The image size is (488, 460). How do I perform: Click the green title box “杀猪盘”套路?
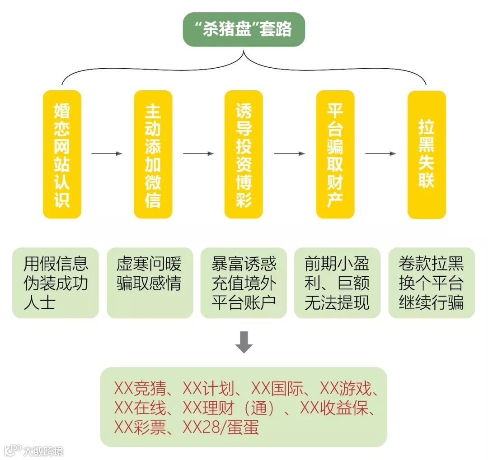244,29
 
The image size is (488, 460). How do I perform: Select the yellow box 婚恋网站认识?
62,154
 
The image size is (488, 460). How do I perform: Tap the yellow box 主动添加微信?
153,154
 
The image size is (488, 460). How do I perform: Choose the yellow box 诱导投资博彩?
244,154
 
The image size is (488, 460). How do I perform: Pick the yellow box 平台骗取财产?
335,154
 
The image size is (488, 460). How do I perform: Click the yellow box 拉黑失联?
427,154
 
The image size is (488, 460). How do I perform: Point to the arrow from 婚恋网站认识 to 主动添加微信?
107,154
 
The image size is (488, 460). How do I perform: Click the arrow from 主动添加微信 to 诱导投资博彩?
198,154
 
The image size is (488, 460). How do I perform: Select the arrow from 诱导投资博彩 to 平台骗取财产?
290,154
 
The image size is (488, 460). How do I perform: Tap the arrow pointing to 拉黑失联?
380,154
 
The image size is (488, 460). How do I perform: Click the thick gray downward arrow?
244,342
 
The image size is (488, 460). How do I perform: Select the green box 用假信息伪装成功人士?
56,283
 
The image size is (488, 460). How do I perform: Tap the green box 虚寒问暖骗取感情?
150,283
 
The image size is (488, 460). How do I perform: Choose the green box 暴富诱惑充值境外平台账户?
244,283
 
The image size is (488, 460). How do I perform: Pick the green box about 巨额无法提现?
337,283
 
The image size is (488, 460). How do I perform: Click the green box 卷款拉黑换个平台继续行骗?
432,283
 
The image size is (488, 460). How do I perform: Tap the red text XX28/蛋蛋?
221,427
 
